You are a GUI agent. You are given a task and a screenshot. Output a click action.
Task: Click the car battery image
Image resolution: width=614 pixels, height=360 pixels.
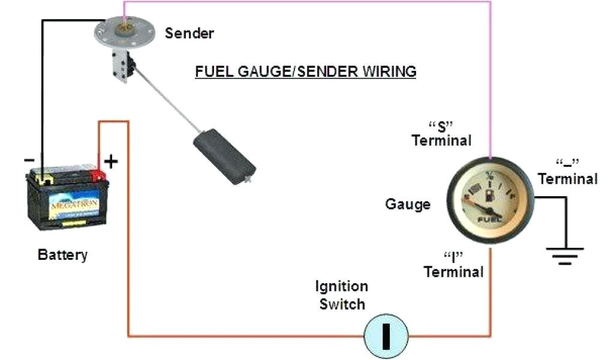[66, 198]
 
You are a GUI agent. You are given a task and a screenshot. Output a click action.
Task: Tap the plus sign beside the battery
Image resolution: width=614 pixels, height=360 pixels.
[112, 161]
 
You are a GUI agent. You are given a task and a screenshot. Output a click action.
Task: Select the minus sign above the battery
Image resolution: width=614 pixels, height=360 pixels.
[28, 160]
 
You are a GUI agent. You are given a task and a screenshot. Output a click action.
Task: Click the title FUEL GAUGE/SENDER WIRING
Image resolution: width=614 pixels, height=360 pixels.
[306, 71]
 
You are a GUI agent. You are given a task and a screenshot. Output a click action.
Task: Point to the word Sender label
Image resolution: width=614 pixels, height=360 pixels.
[189, 33]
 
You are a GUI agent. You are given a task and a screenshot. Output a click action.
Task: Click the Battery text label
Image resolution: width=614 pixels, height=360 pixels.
[62, 254]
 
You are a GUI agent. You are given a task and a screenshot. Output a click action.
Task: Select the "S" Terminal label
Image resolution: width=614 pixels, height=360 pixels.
[441, 133]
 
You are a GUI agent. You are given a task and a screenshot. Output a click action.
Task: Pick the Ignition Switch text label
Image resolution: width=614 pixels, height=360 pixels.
[342, 295]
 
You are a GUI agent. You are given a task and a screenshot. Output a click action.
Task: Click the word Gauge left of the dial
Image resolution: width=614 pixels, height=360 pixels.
[408, 204]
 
